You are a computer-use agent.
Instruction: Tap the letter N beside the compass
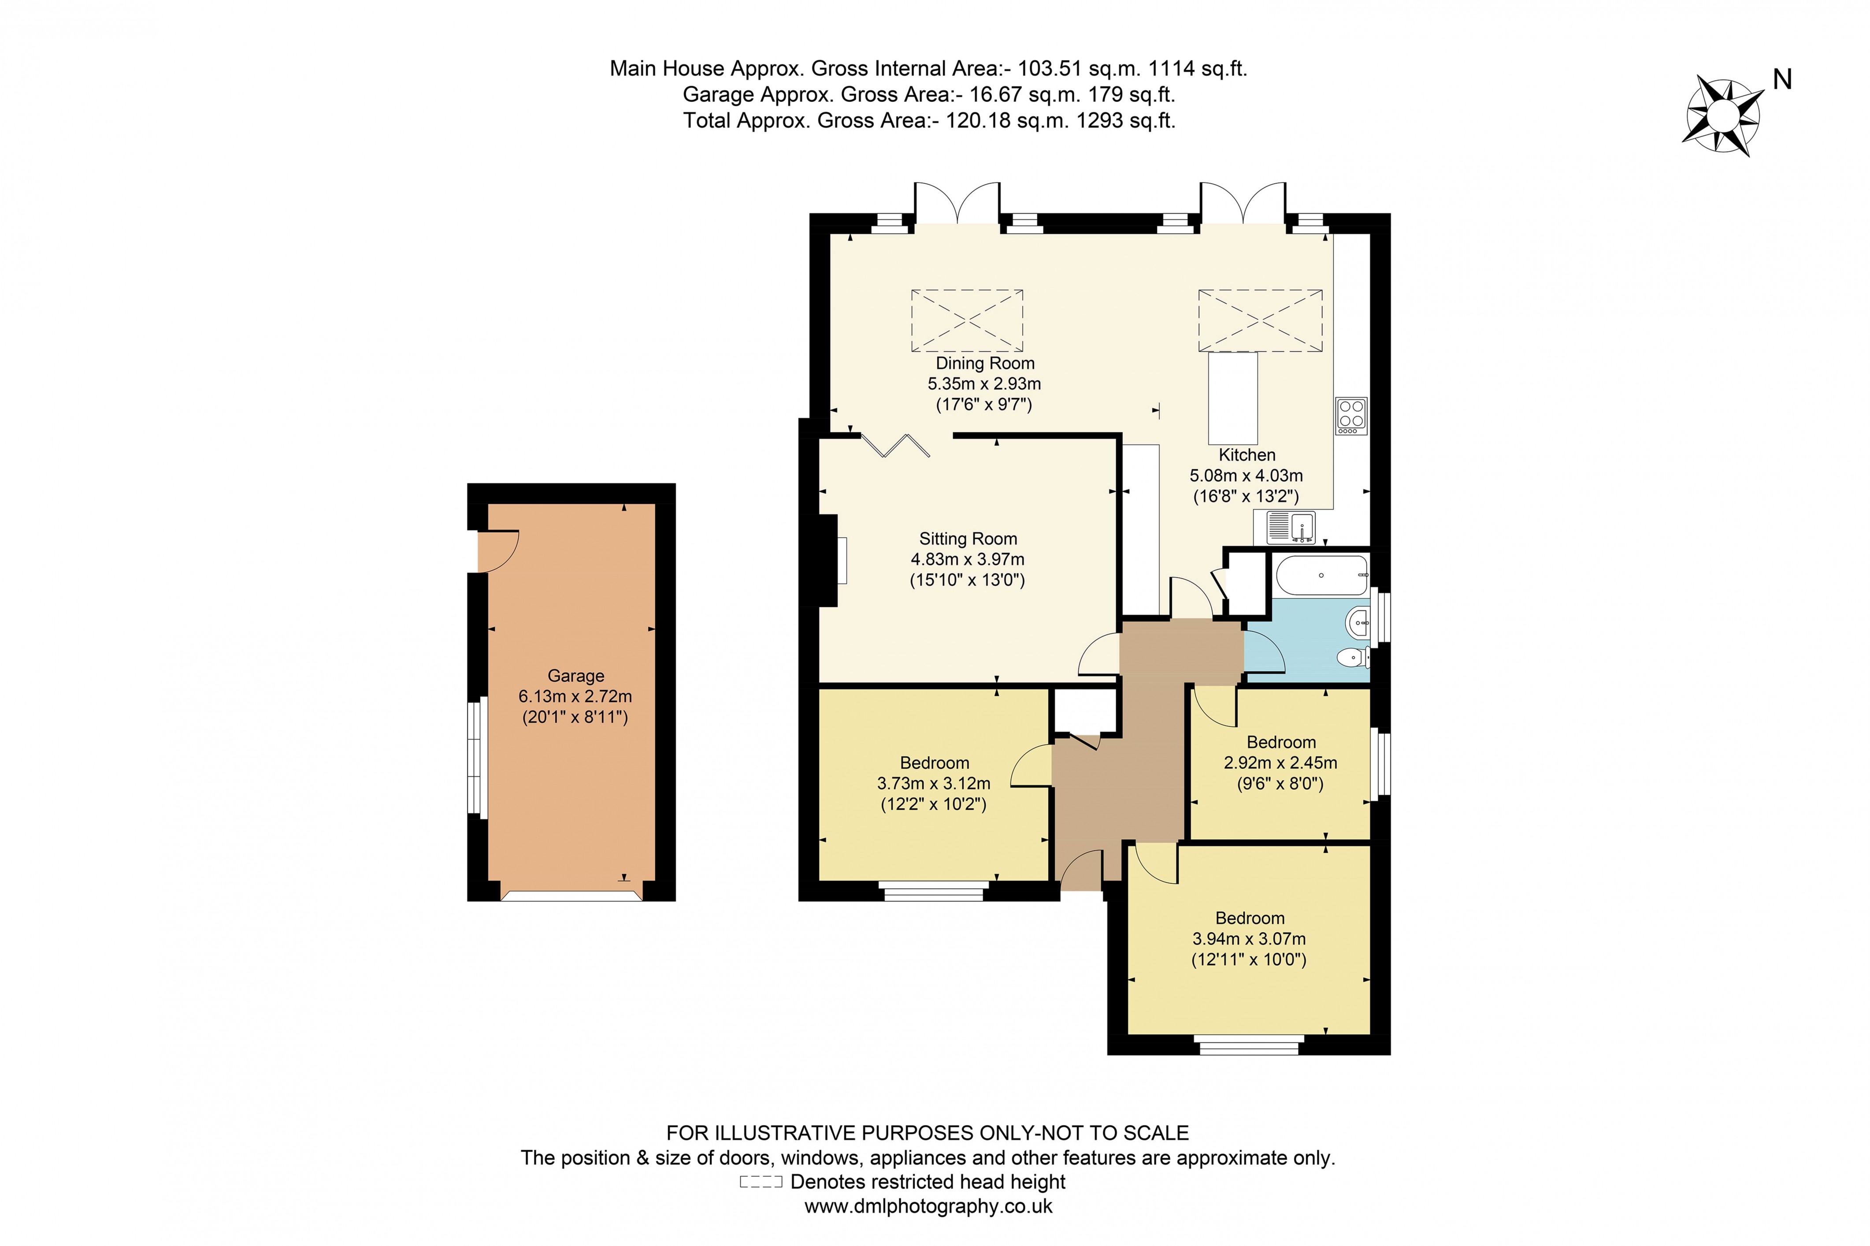1782,79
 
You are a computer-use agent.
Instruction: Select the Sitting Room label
968,539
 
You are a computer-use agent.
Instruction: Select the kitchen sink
1291,527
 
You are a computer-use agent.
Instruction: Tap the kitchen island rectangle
1233,399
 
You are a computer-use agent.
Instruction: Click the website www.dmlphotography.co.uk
928,1206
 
